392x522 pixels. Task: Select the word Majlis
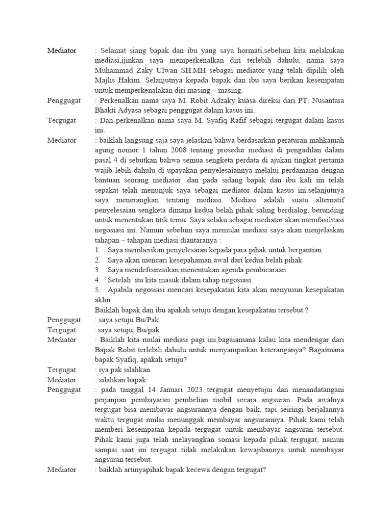point(105,81)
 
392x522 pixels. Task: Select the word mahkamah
point(325,140)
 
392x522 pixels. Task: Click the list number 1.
point(97,250)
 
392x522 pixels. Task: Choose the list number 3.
point(97,270)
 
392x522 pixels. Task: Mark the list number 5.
point(97,290)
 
